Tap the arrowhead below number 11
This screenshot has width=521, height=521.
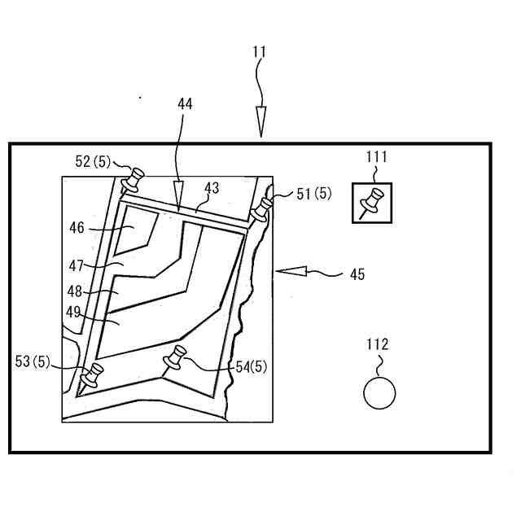[x=260, y=121]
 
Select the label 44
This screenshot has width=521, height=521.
[x=185, y=103]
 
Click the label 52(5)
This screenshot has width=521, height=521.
[x=94, y=161]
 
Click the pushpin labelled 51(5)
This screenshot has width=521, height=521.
[x=262, y=209]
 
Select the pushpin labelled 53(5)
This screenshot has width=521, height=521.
[x=93, y=375]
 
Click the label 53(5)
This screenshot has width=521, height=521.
[x=33, y=361]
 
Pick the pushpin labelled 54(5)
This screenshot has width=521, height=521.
[x=176, y=357]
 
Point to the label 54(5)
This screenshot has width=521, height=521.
[x=251, y=366]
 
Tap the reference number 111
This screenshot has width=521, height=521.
[x=377, y=157]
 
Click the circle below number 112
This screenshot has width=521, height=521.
[x=379, y=393]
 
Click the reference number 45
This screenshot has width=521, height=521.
[x=357, y=274]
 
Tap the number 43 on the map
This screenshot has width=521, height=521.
[x=212, y=188]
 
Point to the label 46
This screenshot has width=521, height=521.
[x=77, y=229]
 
